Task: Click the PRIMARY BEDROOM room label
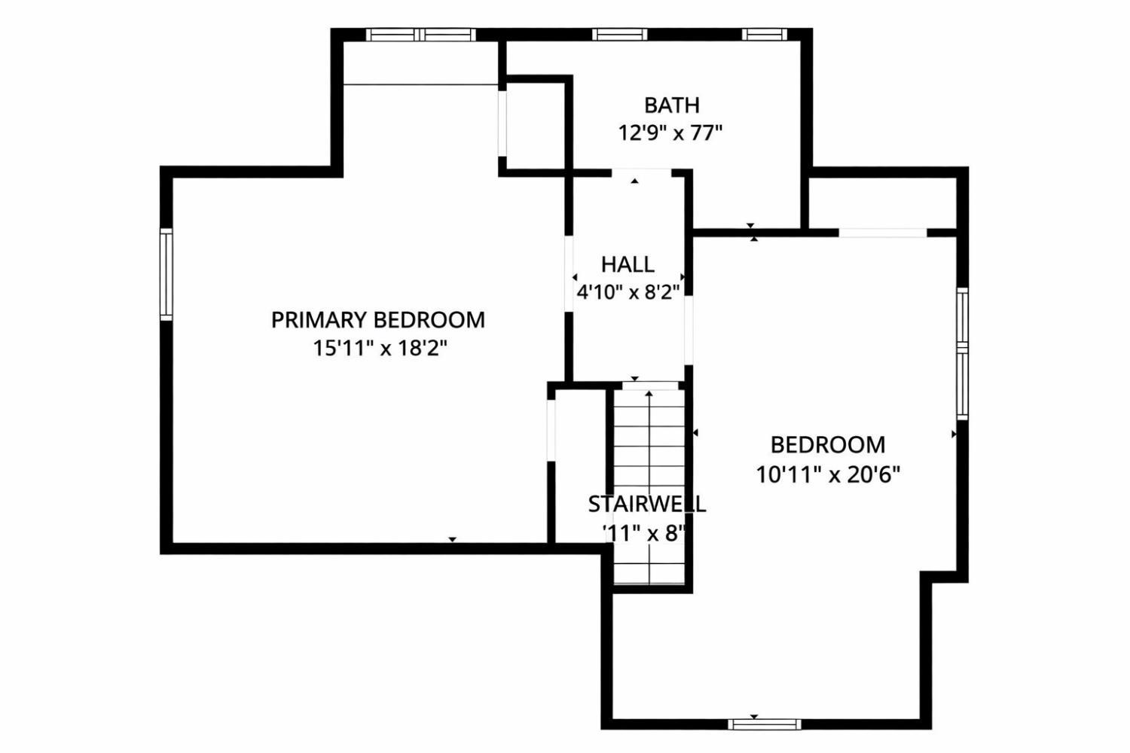378,320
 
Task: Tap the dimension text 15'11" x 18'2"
380,348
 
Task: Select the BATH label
672,105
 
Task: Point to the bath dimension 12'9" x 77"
670,133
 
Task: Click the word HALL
628,265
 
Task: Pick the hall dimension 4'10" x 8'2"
628,292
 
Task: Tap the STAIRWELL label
646,505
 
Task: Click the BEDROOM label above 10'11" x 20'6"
828,445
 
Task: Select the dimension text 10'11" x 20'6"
828,474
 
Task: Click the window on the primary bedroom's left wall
166,274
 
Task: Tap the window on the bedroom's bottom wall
765,724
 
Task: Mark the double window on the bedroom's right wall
963,354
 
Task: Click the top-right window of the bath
765,35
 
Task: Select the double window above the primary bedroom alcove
420,35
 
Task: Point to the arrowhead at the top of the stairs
649,393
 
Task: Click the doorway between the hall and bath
641,172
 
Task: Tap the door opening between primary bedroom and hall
569,273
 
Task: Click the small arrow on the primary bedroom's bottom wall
453,540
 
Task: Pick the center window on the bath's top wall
619,35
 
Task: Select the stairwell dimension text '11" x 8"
645,534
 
